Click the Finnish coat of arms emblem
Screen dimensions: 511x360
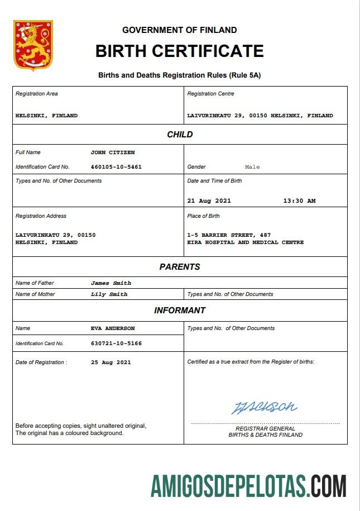pyautogui.click(x=33, y=46)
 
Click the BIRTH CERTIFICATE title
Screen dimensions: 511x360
pyautogui.click(x=179, y=51)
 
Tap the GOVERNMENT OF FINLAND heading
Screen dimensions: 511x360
pyautogui.click(x=179, y=30)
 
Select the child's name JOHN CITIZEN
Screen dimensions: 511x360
pyautogui.click(x=112, y=152)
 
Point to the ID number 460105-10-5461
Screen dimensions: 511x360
pyautogui.click(x=116, y=167)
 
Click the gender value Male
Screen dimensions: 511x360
pyautogui.click(x=252, y=167)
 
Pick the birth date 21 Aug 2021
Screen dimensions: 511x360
pyautogui.click(x=209, y=201)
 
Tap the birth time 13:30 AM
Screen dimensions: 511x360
pyautogui.click(x=299, y=201)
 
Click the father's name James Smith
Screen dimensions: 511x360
pyautogui.click(x=111, y=283)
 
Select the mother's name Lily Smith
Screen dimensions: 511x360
pyautogui.click(x=109, y=294)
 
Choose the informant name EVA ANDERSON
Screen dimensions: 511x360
pyautogui.click(x=112, y=328)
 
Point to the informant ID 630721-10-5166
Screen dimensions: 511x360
pyautogui.click(x=116, y=343)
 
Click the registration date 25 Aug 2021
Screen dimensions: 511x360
pyautogui.click(x=111, y=362)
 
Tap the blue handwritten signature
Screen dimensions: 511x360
pyautogui.click(x=264, y=407)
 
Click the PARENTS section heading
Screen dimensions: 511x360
pyautogui.click(x=180, y=267)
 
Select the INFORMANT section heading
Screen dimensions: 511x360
pyautogui.click(x=180, y=311)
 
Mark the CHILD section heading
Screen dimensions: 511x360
pyautogui.click(x=180, y=135)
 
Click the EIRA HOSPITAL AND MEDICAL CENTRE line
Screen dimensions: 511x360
pyautogui.click(x=246, y=242)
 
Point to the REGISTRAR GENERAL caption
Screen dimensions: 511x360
pyautogui.click(x=265, y=428)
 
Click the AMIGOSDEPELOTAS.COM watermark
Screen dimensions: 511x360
pyautogui.click(x=248, y=485)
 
